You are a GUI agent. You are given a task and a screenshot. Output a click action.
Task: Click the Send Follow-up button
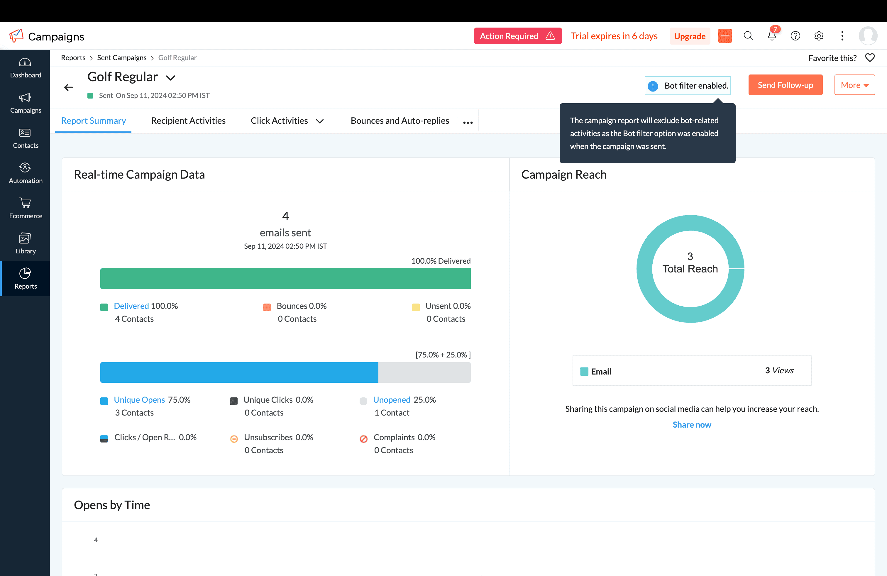(785, 85)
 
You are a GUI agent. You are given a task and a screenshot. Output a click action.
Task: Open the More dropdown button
(854, 85)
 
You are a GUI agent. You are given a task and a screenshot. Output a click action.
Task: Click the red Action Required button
(517, 36)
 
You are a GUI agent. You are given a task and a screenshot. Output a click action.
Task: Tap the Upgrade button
(690, 36)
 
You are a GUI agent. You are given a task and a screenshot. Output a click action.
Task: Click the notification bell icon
(771, 36)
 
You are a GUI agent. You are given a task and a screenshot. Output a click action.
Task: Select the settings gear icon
(818, 36)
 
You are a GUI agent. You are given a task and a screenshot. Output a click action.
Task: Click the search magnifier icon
(748, 36)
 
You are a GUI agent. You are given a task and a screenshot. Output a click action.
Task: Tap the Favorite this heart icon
(869, 58)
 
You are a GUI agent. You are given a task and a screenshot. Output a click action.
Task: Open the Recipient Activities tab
(188, 121)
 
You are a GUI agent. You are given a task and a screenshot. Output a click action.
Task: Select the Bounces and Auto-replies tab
(400, 121)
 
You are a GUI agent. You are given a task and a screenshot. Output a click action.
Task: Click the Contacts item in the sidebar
(25, 138)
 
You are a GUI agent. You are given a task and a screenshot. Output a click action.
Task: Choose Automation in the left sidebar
(25, 173)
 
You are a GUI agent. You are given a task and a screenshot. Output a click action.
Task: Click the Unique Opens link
(139, 400)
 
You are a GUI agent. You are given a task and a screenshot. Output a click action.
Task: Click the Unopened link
(391, 400)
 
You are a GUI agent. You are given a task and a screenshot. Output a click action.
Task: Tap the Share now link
(692, 425)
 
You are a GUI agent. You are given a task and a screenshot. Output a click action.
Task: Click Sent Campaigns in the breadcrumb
(121, 58)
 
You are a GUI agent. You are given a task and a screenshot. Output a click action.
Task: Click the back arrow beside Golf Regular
(69, 87)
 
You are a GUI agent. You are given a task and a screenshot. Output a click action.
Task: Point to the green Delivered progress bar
(285, 279)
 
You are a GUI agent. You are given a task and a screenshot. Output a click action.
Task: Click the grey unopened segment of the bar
(424, 372)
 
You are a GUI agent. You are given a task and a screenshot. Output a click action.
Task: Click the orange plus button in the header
(725, 36)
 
